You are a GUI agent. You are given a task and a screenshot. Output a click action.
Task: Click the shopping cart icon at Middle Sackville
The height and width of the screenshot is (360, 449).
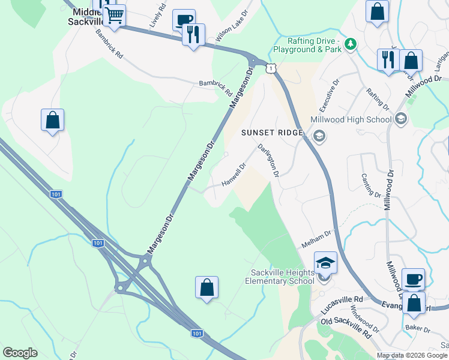114,16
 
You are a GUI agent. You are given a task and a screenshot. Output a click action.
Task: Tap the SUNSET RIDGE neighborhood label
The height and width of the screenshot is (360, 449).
271,133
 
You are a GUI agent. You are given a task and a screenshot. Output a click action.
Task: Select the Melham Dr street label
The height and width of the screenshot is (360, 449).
316,238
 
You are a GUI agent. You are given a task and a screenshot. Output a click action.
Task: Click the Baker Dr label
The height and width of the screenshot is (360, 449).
418,329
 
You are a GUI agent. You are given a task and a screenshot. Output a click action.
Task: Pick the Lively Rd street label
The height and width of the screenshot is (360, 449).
157,17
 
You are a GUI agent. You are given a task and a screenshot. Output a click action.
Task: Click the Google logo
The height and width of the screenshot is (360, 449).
20,353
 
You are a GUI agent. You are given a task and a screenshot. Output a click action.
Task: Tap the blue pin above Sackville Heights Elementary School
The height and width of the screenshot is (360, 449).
325,263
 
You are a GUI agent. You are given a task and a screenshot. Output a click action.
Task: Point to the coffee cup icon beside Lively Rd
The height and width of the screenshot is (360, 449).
183,20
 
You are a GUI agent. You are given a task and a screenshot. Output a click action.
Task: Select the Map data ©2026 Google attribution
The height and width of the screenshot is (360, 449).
412,355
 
